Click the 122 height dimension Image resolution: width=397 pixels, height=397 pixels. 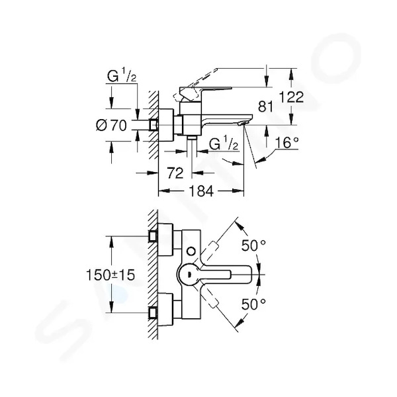tap(291, 97)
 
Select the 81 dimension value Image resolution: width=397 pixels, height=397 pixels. tap(265, 107)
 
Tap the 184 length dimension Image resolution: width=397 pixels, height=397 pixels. tap(201, 191)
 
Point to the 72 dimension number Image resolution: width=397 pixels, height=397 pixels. tap(175, 173)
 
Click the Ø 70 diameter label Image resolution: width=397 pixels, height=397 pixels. tap(111, 125)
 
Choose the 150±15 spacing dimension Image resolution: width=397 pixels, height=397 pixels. tap(110, 275)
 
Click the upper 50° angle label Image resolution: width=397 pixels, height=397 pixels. tap(253, 245)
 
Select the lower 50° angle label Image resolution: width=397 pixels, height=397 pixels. tap(253, 304)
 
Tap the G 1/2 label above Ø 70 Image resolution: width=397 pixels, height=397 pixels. tap(122, 75)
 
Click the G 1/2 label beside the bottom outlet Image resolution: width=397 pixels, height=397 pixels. tap(224, 144)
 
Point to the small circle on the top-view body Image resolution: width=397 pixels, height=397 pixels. tap(191, 251)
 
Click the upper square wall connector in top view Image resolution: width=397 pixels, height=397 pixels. tap(153, 236)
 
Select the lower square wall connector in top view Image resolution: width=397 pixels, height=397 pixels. tap(153, 313)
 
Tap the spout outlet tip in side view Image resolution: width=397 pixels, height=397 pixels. tap(242, 123)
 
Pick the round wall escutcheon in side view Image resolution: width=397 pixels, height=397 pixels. tap(165, 125)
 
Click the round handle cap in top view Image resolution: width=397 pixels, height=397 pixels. tap(189, 274)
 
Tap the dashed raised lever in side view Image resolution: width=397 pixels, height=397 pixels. tap(195, 85)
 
